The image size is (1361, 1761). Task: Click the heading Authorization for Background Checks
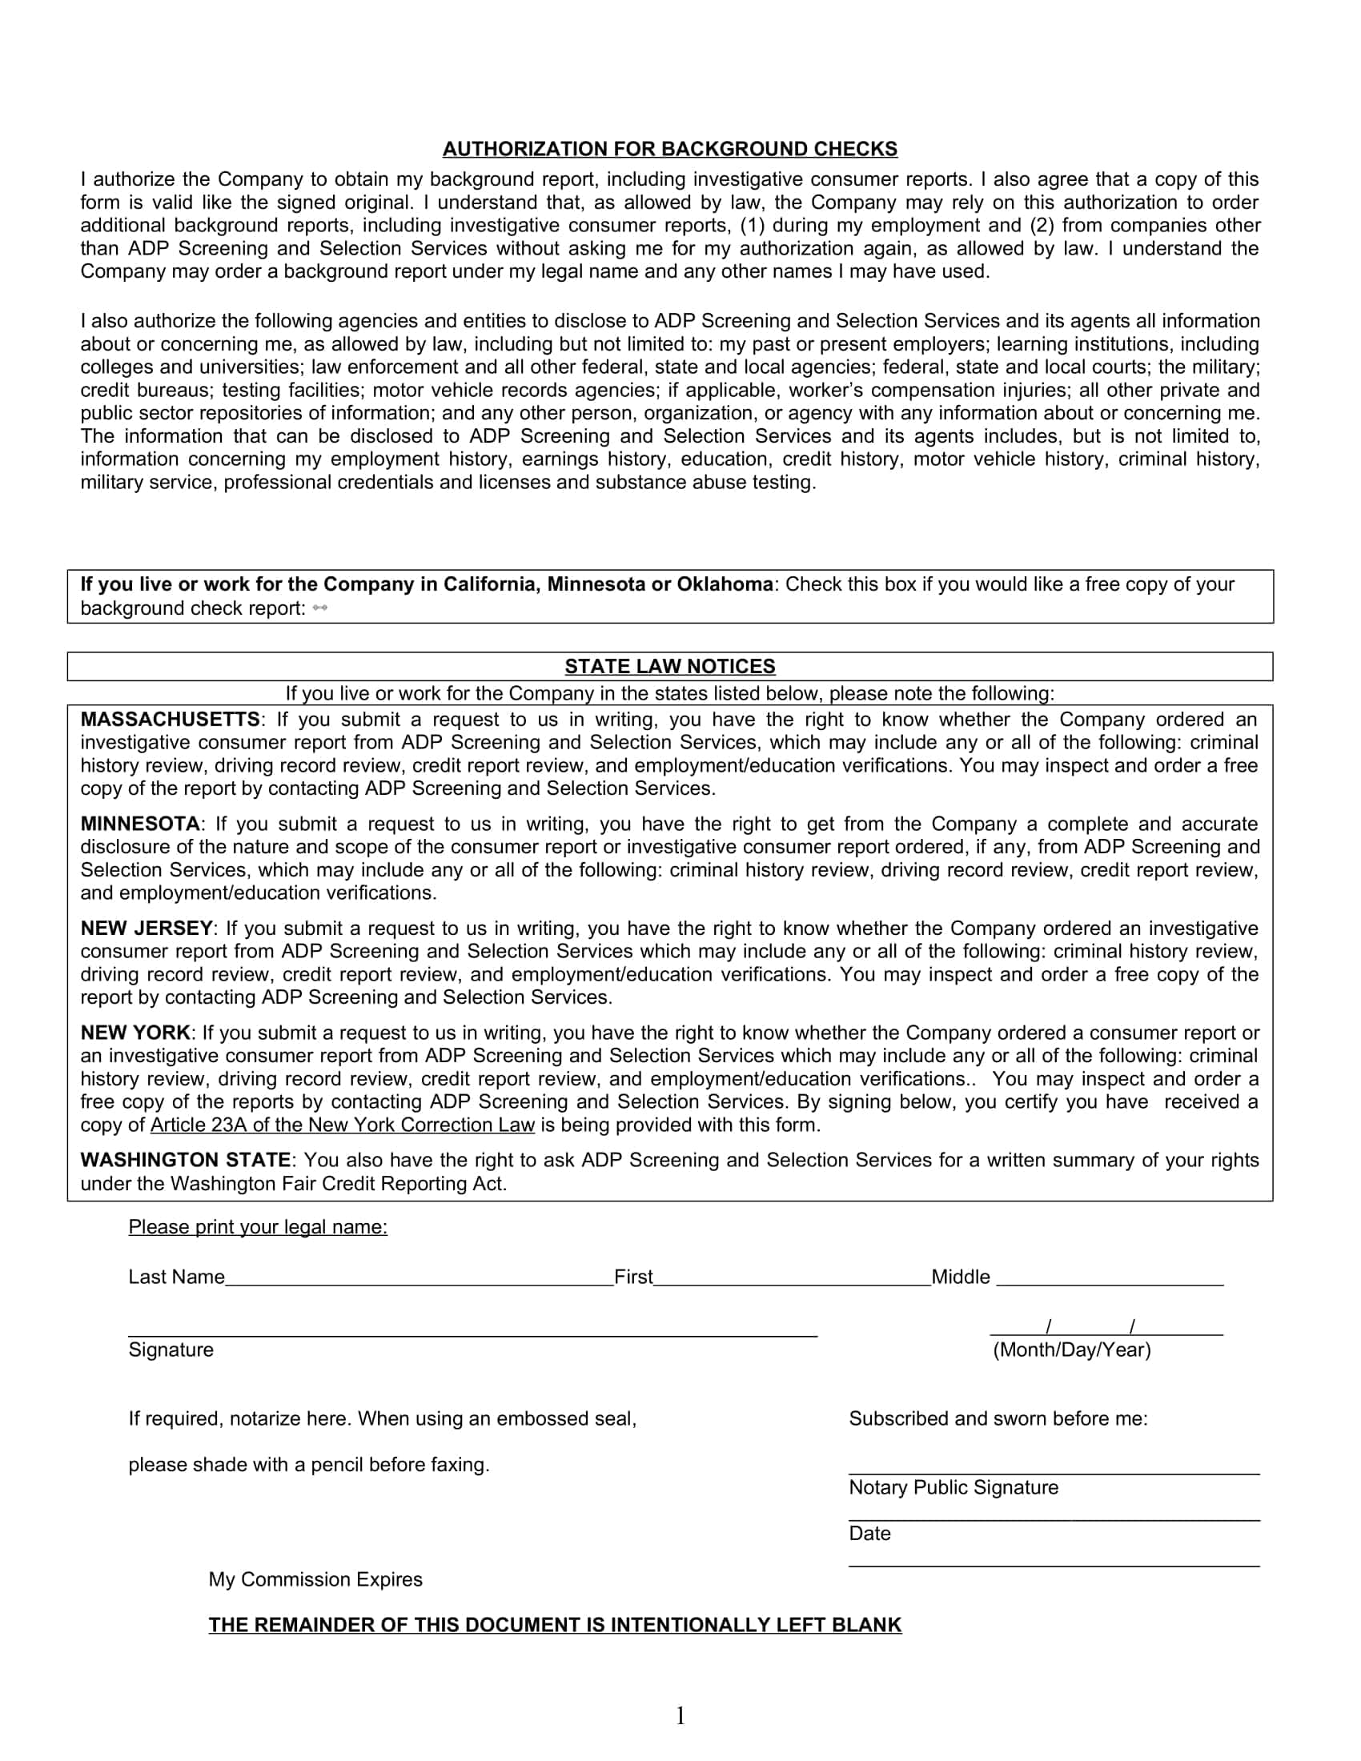pyautogui.click(x=669, y=149)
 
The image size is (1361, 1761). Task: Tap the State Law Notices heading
pyautogui.click(x=669, y=667)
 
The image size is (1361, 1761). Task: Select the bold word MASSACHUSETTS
pyautogui.click(x=170, y=720)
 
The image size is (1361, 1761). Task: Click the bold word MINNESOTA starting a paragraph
pyautogui.click(x=140, y=824)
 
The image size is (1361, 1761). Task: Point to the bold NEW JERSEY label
pyautogui.click(x=147, y=929)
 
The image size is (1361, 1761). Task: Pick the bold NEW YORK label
pyautogui.click(x=135, y=1033)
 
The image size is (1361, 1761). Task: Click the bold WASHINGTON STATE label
pyautogui.click(x=186, y=1161)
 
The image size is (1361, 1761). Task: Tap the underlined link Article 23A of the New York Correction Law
pyautogui.click(x=343, y=1125)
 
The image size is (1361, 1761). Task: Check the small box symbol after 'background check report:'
pyautogui.click(x=319, y=609)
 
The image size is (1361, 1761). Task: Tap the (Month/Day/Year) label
pyautogui.click(x=1071, y=1350)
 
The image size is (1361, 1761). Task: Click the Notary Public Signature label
pyautogui.click(x=953, y=1488)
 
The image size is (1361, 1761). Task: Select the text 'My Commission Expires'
pyautogui.click(x=315, y=1579)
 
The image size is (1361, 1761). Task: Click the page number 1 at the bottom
pyautogui.click(x=680, y=1716)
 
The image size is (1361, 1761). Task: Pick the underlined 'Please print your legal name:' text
pyautogui.click(x=258, y=1227)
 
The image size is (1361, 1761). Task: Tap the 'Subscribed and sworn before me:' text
pyautogui.click(x=998, y=1419)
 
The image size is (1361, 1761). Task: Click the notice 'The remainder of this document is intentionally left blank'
pyautogui.click(x=555, y=1626)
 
